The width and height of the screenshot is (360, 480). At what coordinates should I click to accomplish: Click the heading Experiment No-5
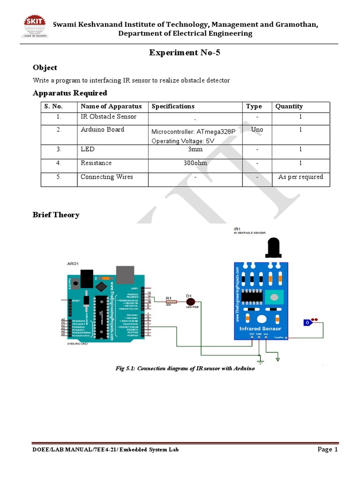click(x=185, y=53)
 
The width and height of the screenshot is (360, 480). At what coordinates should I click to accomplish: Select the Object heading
click(x=45, y=68)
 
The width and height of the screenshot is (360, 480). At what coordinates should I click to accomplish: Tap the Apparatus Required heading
click(x=70, y=93)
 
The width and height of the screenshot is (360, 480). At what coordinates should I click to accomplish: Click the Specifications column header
click(x=173, y=106)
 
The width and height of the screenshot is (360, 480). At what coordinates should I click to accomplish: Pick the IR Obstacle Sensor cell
click(x=109, y=116)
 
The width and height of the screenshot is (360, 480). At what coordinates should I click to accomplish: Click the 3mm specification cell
click(x=195, y=150)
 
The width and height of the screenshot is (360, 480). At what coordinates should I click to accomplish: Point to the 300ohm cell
click(x=195, y=163)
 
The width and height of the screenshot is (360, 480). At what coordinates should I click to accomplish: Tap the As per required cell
click(x=300, y=177)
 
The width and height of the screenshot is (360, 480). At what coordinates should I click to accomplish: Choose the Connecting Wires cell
click(x=107, y=177)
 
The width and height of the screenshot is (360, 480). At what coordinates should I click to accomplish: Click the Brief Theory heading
click(x=56, y=215)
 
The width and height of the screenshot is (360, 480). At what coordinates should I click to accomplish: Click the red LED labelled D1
click(x=190, y=302)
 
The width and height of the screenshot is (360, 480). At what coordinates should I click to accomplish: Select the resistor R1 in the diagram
click(x=171, y=302)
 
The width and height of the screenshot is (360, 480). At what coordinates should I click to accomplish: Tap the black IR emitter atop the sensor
click(x=273, y=247)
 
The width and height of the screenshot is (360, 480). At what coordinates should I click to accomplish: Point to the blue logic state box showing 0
click(x=307, y=322)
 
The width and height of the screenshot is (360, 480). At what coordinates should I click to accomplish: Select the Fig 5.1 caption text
click(x=185, y=369)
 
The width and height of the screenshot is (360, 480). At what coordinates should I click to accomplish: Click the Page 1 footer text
click(x=328, y=450)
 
